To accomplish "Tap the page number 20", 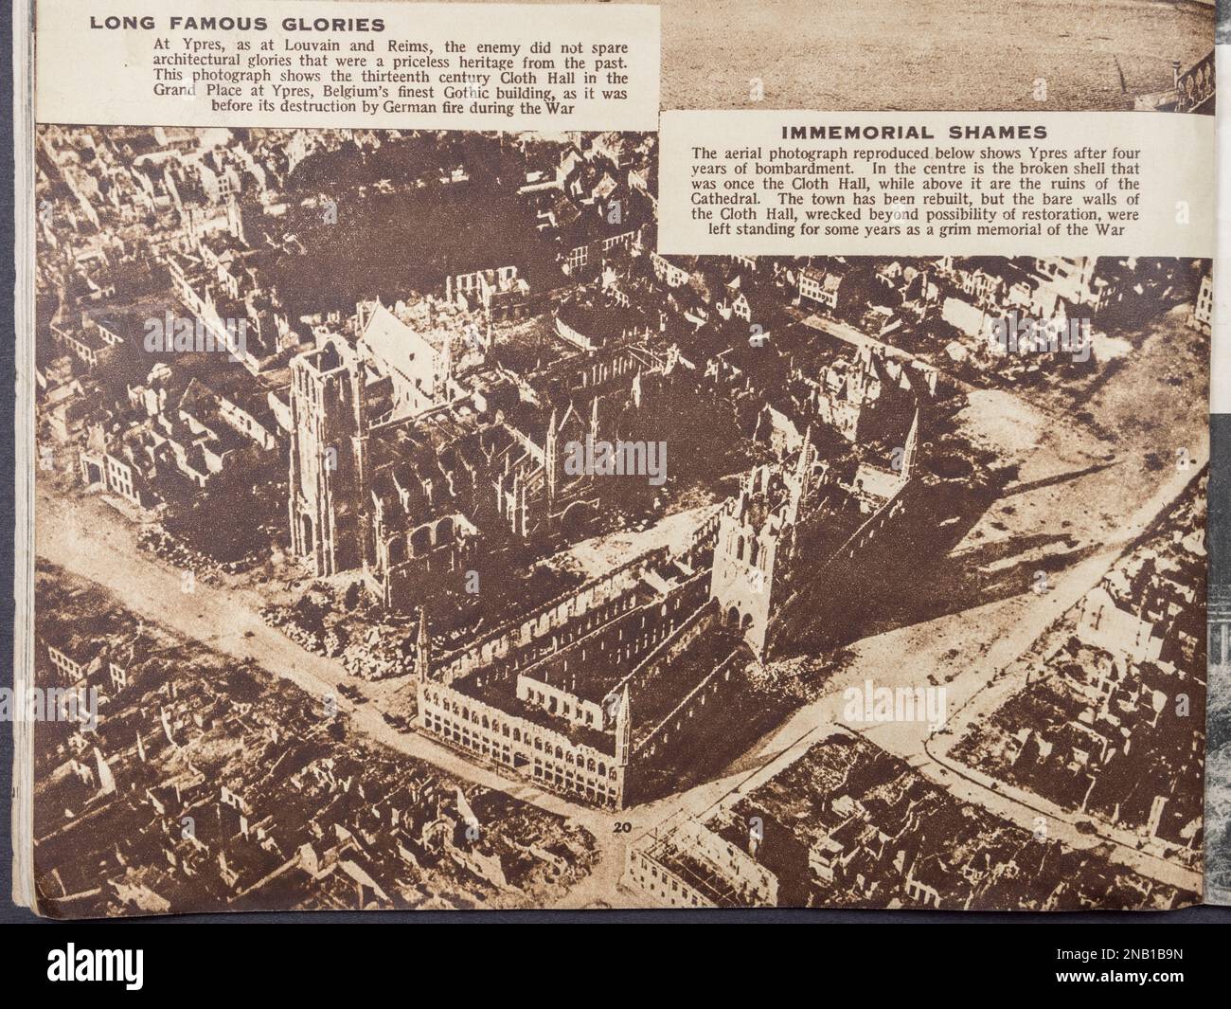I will click(622, 827).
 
